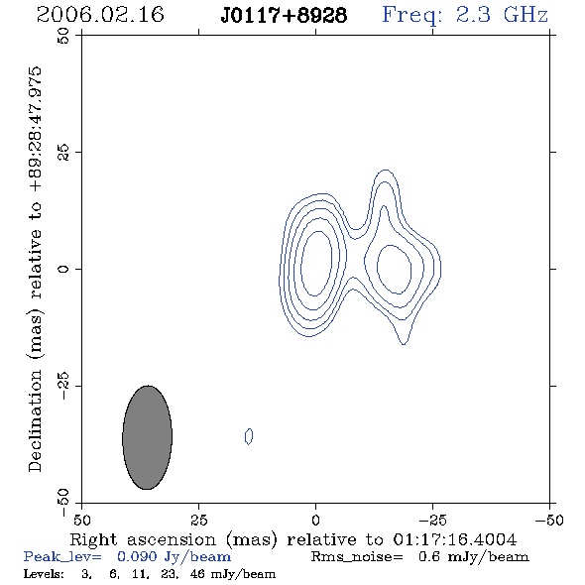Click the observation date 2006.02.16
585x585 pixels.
click(x=100, y=15)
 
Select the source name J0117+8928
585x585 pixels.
click(x=284, y=16)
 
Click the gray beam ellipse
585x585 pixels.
click(x=148, y=437)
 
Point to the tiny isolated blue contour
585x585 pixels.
click(x=249, y=436)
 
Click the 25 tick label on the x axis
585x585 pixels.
click(x=198, y=521)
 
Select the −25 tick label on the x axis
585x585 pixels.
click(x=432, y=521)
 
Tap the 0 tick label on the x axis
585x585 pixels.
click(x=315, y=521)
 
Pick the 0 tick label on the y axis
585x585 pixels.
click(x=63, y=269)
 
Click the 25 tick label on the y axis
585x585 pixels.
click(x=63, y=153)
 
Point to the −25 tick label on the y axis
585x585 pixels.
click(x=63, y=386)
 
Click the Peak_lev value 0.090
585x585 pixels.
click(x=137, y=556)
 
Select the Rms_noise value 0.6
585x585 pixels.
click(x=429, y=556)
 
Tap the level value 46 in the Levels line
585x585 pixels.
click(x=197, y=573)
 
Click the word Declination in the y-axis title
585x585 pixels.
click(x=35, y=420)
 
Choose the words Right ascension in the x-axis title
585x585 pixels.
click(x=143, y=539)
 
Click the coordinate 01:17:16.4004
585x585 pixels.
click(x=455, y=539)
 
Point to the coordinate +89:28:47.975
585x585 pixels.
click(x=36, y=130)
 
